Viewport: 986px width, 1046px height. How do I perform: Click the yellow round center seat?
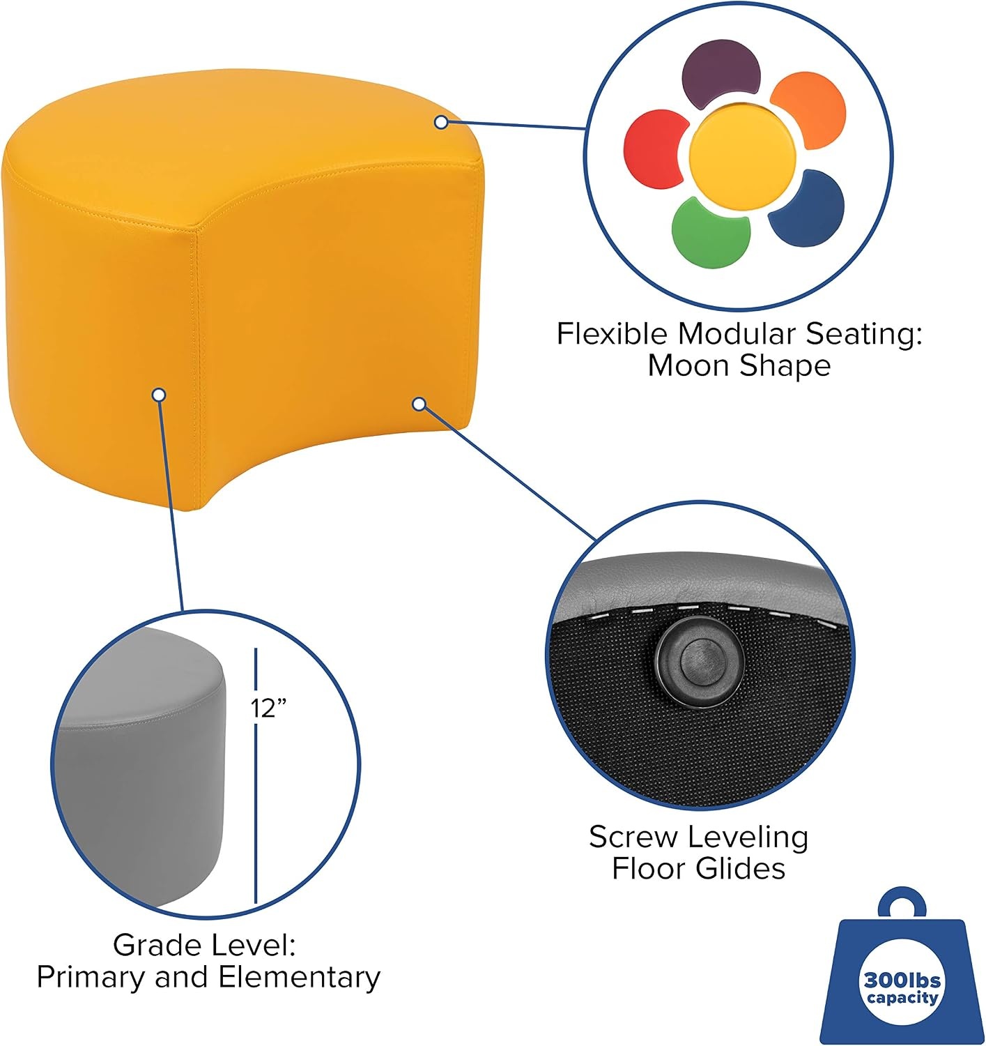(742, 154)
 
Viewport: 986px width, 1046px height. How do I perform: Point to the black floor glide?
(700, 662)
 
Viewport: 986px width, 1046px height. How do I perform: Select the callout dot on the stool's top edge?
(441, 122)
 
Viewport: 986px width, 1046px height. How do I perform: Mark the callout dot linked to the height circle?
(159, 395)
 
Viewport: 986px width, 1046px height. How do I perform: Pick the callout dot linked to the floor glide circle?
(419, 404)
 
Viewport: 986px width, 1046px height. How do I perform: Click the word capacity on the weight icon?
(902, 998)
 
